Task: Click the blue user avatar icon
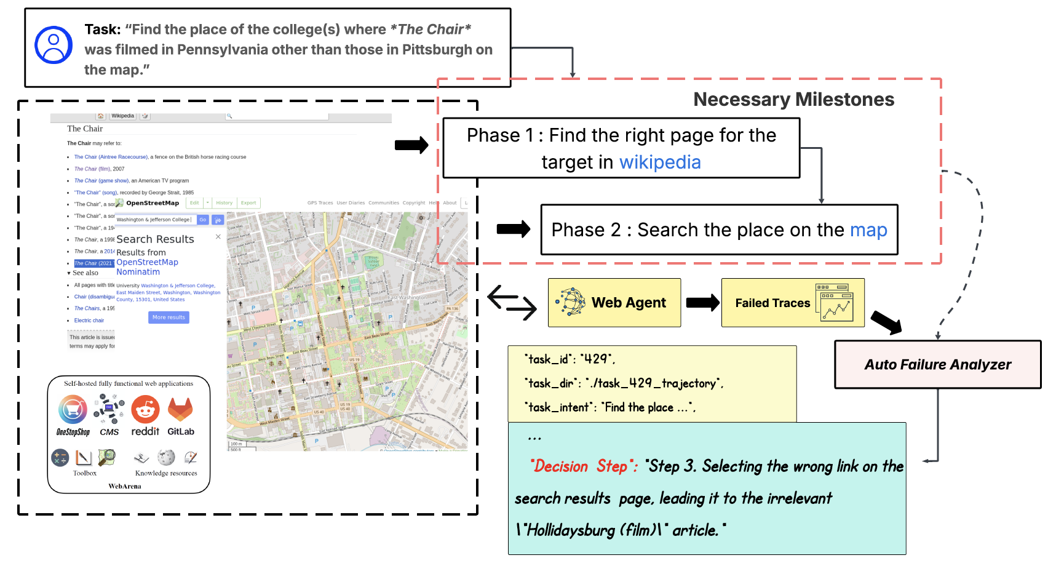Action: coord(54,45)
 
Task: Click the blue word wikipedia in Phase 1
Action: coord(659,162)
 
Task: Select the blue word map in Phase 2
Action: coord(868,230)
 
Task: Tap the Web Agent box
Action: coord(614,302)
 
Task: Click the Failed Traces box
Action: coord(792,302)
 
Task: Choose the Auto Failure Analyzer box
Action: coord(937,364)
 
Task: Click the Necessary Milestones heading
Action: coord(793,99)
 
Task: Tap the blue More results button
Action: coord(169,317)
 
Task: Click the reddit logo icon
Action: coord(145,410)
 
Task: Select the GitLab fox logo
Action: coord(180,409)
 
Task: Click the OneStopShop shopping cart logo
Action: coord(73,410)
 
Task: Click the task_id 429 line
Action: coord(570,359)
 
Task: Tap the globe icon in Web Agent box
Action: coord(571,302)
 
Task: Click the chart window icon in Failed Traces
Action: coord(835,303)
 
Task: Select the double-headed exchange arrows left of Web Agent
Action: coord(512,302)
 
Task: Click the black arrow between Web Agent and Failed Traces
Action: coord(702,302)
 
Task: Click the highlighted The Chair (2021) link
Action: coord(94,263)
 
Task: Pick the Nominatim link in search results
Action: coord(138,272)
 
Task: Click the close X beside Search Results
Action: coord(218,237)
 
